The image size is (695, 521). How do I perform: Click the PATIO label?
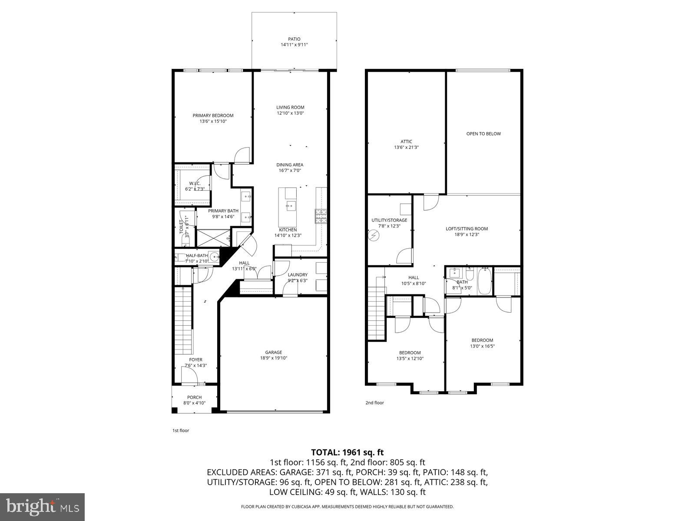pyautogui.click(x=294, y=39)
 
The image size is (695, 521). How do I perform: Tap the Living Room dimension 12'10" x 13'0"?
pyautogui.click(x=291, y=113)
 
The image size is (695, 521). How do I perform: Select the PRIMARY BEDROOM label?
pyautogui.click(x=213, y=115)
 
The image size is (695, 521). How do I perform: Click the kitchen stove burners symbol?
pyautogui.click(x=321, y=216)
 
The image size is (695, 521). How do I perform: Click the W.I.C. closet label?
pyautogui.click(x=194, y=183)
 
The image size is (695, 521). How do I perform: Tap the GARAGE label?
pyautogui.click(x=274, y=352)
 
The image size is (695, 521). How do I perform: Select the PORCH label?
pyautogui.click(x=194, y=397)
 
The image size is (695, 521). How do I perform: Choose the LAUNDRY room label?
pyautogui.click(x=298, y=274)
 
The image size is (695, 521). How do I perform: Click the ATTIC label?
pyautogui.click(x=406, y=141)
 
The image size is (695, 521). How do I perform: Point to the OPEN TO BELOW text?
pyautogui.click(x=483, y=134)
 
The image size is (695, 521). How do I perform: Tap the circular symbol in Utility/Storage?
pyautogui.click(x=374, y=236)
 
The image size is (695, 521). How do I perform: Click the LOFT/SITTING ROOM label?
pyautogui.click(x=467, y=229)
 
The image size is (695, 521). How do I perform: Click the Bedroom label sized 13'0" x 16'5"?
pyautogui.click(x=482, y=340)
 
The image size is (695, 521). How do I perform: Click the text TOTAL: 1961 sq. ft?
pyautogui.click(x=347, y=452)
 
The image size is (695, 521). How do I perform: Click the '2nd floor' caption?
pyautogui.click(x=374, y=402)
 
